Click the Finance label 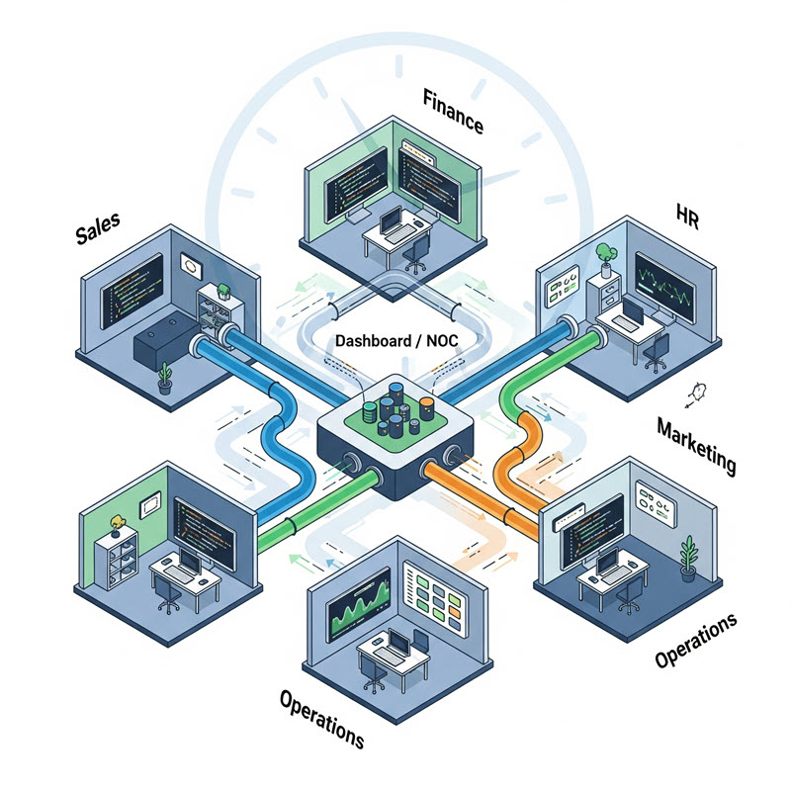tap(453, 113)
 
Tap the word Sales tap(97, 229)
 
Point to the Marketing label tap(696, 445)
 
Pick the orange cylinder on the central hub tap(426, 405)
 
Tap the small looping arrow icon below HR tap(696, 393)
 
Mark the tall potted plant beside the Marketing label tap(688, 556)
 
